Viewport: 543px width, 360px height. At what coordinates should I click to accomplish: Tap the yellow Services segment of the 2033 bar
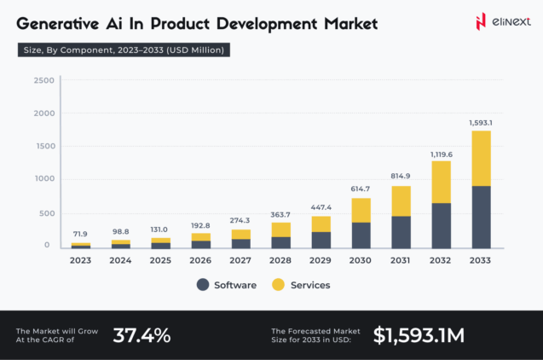[480, 158]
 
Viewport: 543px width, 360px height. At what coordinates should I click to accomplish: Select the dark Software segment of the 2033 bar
[480, 217]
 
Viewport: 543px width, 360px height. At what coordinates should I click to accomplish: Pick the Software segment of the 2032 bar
[442, 225]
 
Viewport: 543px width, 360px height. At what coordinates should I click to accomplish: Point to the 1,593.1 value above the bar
[480, 122]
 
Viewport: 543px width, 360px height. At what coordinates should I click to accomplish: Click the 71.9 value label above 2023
[81, 233]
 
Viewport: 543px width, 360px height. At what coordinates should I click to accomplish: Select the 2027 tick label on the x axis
[240, 260]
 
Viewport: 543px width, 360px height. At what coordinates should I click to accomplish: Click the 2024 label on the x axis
[120, 260]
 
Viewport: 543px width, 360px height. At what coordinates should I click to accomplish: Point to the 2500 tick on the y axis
[44, 80]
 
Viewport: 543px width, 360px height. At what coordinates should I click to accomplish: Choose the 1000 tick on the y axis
[44, 179]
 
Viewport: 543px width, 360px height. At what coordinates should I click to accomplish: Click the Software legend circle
[203, 285]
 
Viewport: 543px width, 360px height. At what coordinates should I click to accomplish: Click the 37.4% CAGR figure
[142, 334]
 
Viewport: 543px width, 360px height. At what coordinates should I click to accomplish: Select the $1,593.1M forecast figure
[419, 334]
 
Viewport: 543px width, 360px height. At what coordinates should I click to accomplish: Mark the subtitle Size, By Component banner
[123, 50]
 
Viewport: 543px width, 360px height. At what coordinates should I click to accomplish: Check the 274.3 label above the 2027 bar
[240, 221]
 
